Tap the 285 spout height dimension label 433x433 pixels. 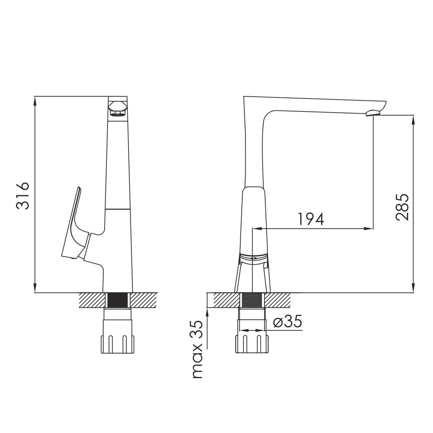coord(402,207)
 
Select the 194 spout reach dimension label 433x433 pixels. coord(311,219)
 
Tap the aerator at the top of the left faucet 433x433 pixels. coord(118,109)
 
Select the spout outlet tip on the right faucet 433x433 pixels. coord(373,113)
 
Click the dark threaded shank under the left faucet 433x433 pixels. coord(118,300)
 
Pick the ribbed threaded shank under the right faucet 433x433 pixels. coord(252,300)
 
